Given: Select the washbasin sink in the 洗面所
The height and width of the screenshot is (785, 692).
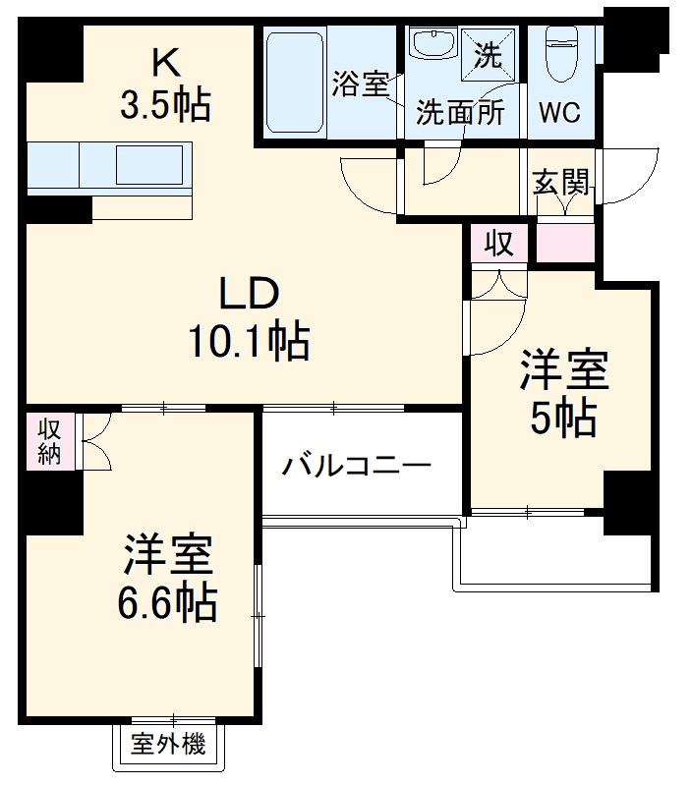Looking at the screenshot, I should [432, 45].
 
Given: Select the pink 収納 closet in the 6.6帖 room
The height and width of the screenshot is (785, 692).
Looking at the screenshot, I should [49, 440].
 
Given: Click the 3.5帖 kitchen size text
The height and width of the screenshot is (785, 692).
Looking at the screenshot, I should [165, 104].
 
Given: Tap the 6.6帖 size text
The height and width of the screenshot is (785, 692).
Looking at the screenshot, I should [167, 603].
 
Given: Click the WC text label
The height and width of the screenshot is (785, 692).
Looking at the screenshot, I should [559, 113].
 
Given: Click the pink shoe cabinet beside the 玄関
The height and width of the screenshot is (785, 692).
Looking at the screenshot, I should [565, 243].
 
